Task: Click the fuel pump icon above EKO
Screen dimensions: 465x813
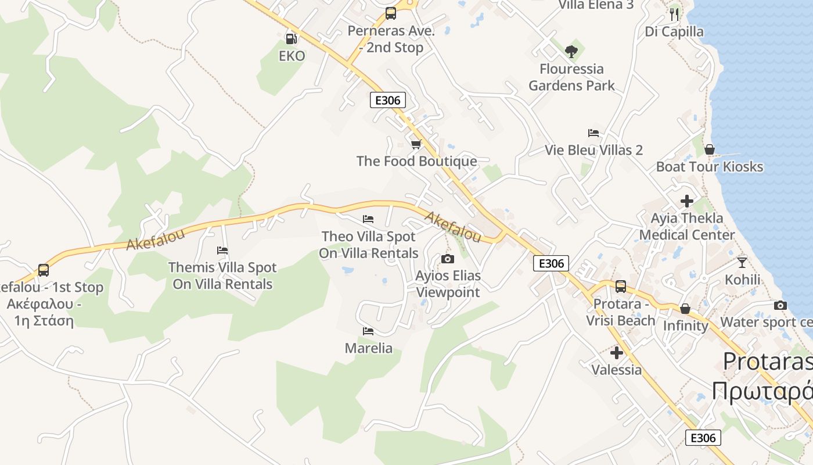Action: [291, 39]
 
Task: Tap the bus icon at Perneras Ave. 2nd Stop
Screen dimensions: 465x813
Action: [391, 13]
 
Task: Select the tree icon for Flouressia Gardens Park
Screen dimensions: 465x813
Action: [571, 51]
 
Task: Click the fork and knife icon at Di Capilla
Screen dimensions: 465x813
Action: [674, 14]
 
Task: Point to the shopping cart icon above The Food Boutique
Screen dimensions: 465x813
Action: [416, 144]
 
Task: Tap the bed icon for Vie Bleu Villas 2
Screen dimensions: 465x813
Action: [593, 133]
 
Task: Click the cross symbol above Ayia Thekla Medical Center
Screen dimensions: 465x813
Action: [687, 201]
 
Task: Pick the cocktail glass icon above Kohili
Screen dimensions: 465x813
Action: [742, 263]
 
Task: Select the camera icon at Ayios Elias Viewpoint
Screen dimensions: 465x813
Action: [448, 259]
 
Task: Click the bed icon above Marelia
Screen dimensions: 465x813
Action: [368, 331]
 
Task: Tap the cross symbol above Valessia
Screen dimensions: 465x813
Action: [617, 353]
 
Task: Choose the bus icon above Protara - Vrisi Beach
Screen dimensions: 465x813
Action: [621, 287]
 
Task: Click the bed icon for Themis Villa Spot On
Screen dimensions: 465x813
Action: [222, 251]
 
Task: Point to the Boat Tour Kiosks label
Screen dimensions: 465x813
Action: [709, 167]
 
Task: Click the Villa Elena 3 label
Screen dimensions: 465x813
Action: [596, 5]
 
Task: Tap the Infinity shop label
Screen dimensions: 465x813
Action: [685, 325]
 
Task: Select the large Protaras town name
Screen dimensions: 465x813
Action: [767, 362]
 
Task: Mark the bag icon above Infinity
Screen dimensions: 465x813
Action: [685, 309]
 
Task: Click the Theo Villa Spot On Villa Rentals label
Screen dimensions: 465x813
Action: [369, 245]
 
